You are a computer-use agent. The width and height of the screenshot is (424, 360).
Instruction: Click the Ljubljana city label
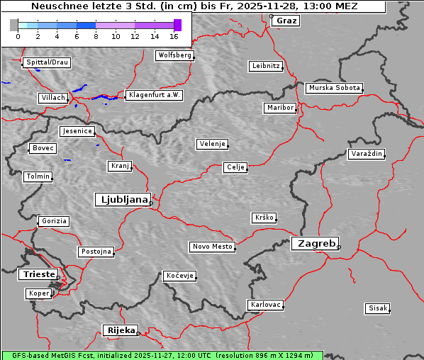tap(121, 200)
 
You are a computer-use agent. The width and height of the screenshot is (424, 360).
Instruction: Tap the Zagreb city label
tap(314, 243)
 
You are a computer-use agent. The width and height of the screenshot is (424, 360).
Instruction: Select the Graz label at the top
tap(286, 21)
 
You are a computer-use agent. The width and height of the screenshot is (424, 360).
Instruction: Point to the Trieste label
tap(36, 274)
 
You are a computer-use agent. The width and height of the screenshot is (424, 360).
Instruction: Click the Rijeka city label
tap(121, 330)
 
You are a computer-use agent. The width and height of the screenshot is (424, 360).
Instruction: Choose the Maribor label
tap(279, 108)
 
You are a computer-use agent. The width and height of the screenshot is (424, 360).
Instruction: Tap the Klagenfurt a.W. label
tap(154, 95)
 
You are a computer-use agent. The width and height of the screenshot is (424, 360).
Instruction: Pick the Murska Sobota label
tap(334, 89)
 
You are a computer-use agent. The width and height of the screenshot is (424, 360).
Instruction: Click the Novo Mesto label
tap(212, 247)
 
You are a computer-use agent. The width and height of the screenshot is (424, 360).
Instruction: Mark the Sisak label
tap(378, 308)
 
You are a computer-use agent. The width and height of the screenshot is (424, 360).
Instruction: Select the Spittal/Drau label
tap(47, 62)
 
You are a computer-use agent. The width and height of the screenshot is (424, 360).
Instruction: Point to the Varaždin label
tap(367, 154)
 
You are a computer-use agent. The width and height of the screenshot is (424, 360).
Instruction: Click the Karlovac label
tap(266, 305)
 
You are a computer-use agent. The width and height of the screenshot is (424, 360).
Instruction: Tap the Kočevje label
tap(179, 275)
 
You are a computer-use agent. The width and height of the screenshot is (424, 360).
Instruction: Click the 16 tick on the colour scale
tap(174, 35)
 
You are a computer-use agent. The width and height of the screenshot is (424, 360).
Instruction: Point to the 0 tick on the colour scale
tap(18, 35)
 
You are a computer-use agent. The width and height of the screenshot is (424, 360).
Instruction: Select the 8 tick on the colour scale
tap(96, 35)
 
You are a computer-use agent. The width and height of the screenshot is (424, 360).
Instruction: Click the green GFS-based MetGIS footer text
tap(162, 355)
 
